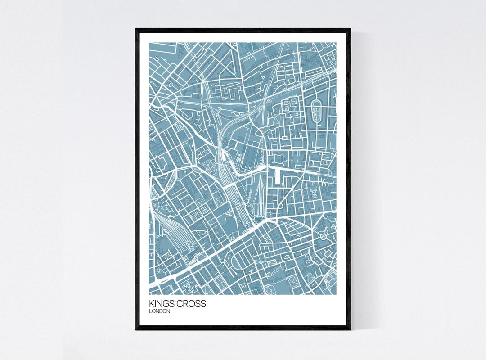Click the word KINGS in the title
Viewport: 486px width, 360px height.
(x=164, y=304)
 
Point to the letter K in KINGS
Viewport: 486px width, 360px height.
(x=152, y=304)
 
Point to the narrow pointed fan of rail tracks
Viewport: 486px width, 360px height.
(x=260, y=198)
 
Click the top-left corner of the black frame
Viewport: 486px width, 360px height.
(x=136, y=30)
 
